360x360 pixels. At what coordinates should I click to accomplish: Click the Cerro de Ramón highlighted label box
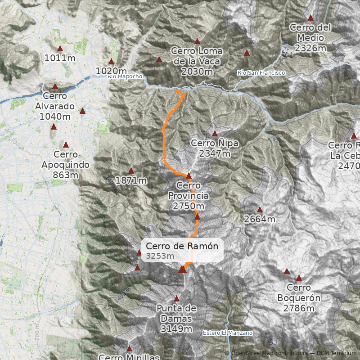(x=182, y=250)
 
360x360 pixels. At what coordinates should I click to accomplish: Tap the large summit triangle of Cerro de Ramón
(x=182, y=269)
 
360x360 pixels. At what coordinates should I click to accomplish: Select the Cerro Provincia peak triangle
(x=189, y=176)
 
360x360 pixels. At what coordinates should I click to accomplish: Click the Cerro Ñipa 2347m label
(x=214, y=148)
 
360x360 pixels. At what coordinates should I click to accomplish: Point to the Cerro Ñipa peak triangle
(x=215, y=134)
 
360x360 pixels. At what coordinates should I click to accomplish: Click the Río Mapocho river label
(x=125, y=76)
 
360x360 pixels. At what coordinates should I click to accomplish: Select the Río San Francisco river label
(x=261, y=72)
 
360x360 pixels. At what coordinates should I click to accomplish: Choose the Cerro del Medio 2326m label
(x=310, y=37)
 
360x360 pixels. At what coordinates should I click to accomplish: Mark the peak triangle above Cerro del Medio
(x=310, y=18)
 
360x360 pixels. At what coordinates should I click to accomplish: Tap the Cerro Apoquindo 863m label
(x=65, y=170)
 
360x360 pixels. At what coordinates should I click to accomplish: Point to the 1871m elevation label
(x=131, y=180)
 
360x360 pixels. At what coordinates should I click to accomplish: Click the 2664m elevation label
(x=260, y=219)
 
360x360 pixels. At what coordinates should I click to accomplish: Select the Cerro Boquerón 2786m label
(x=299, y=297)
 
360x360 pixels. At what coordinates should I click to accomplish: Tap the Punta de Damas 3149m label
(x=176, y=318)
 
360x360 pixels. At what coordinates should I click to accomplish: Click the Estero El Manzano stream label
(x=227, y=333)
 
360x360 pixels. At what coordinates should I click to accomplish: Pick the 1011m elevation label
(x=60, y=58)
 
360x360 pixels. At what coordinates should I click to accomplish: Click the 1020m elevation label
(x=111, y=71)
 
